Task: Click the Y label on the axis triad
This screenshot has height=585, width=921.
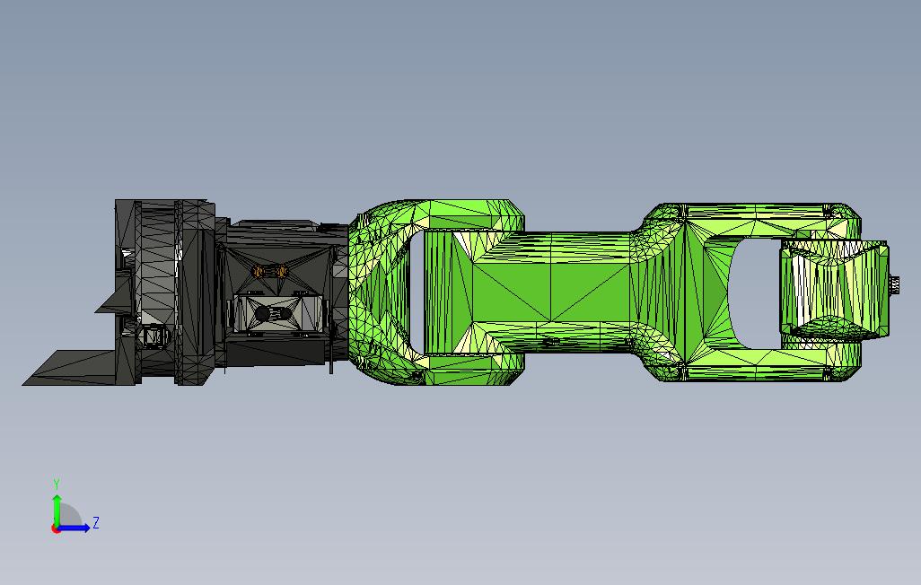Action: [x=57, y=485]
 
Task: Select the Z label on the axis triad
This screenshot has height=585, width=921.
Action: [x=96, y=522]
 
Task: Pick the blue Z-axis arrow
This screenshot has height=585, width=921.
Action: [x=74, y=528]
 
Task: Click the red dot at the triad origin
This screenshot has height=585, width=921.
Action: [x=56, y=528]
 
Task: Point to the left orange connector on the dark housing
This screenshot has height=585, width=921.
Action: [x=258, y=271]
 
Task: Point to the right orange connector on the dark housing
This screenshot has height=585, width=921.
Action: [x=281, y=271]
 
